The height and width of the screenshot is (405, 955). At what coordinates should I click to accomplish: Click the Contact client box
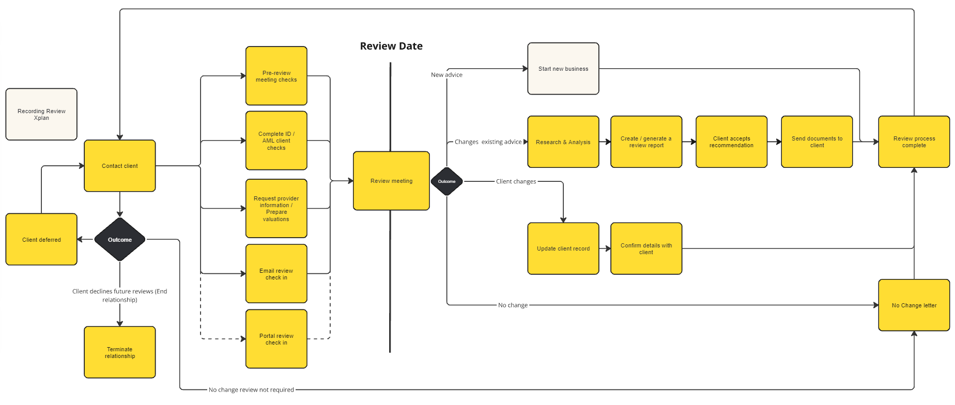tap(120, 166)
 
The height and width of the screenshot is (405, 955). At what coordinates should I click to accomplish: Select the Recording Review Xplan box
tap(41, 114)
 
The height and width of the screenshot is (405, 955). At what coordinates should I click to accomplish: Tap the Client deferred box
tap(41, 240)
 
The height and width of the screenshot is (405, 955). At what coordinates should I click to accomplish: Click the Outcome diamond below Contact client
tap(120, 240)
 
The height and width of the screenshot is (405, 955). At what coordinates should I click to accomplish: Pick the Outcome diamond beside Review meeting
tap(446, 181)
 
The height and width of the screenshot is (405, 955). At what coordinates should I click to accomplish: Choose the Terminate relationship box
tap(120, 352)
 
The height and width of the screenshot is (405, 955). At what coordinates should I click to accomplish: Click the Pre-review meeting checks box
tap(276, 76)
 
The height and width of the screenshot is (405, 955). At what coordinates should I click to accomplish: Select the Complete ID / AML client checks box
tap(276, 141)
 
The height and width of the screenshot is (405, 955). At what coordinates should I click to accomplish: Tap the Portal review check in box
tap(276, 339)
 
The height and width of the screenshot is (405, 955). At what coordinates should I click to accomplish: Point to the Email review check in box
tap(276, 274)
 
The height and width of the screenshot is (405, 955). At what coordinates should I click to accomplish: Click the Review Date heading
tap(391, 46)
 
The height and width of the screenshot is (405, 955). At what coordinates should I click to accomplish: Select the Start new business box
tap(563, 69)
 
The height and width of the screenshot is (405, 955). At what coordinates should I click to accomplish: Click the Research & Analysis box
tap(563, 142)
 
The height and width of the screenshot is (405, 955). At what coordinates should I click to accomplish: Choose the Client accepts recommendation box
tap(731, 142)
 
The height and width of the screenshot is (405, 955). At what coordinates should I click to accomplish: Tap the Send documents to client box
tap(817, 142)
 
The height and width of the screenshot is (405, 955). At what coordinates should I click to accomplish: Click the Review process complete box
tap(914, 142)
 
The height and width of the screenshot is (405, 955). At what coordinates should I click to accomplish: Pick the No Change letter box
tap(914, 305)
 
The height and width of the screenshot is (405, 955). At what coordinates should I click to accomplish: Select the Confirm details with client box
tap(646, 248)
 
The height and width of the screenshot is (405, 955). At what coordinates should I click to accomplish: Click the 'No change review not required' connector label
tap(251, 390)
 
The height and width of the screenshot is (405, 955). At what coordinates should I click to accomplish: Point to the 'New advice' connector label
tap(446, 75)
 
